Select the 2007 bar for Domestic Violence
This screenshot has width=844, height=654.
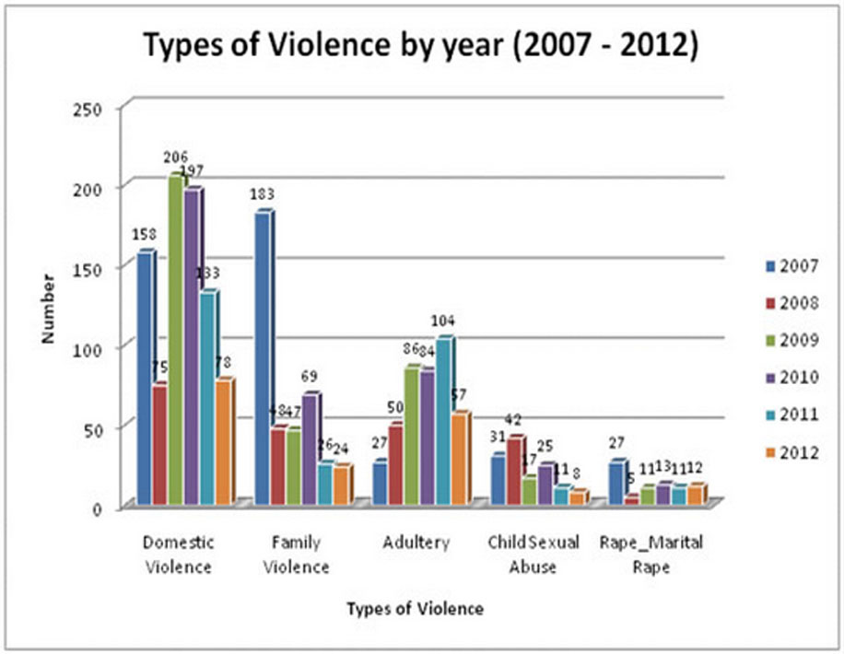(145, 378)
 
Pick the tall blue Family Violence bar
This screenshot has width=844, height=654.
(263, 359)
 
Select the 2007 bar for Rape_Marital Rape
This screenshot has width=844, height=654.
(616, 483)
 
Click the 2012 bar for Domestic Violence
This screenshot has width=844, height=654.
(223, 442)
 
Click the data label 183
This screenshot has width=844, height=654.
(263, 193)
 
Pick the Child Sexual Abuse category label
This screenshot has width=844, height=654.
(533, 554)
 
